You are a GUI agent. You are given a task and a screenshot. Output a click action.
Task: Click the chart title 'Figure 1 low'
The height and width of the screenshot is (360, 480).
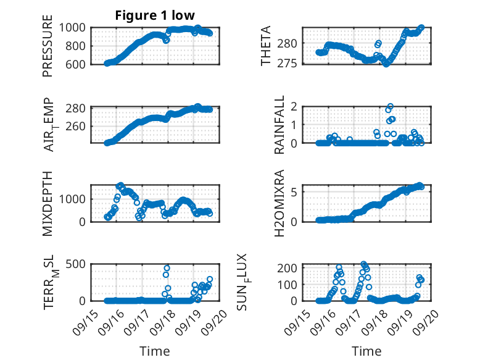pos(155,16)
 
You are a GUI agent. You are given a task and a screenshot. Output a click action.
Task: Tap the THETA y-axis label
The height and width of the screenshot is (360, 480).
pos(266,46)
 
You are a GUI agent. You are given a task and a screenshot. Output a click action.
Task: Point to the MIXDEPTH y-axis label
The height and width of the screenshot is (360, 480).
pos(48,203)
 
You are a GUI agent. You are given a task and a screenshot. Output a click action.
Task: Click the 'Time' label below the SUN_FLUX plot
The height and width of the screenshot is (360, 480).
pos(366,351)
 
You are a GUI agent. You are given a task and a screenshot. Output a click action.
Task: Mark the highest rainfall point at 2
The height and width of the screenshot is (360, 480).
pos(390,107)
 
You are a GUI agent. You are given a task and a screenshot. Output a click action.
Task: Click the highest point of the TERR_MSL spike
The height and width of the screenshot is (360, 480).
pos(167,268)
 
